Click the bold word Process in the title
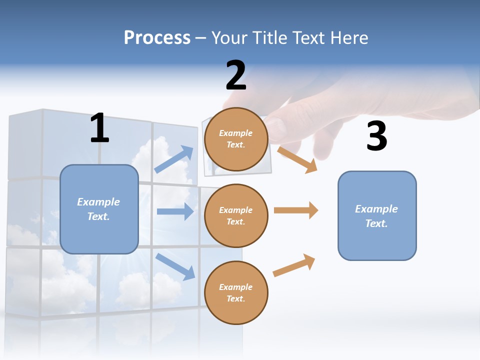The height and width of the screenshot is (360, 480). pos(157,38)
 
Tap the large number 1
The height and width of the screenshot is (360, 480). pos(99,128)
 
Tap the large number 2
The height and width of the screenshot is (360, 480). pos(236,76)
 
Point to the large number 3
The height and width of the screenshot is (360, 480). pos(376,136)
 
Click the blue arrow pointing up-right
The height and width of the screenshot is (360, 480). pos(174,159)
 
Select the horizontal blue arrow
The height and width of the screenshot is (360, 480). pos(175,211)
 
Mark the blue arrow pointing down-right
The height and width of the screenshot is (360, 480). pos(175,266)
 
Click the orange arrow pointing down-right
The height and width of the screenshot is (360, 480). pos(297,159)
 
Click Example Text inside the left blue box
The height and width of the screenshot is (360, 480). pos(98,209)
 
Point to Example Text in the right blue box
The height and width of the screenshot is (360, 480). pos(376,216)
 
